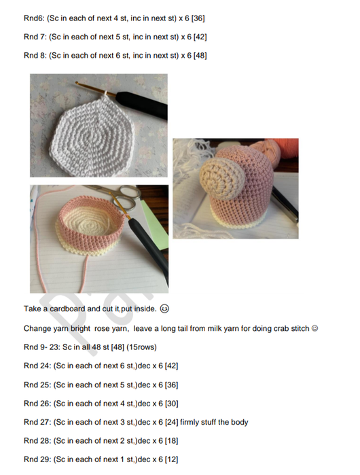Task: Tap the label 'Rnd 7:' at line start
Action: coord(35,37)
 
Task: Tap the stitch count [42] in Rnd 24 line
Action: coord(169,366)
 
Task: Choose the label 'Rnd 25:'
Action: coord(37,384)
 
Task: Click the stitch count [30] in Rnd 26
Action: coord(169,403)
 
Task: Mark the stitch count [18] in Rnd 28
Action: coord(169,440)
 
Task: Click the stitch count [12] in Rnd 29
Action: coord(169,459)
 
